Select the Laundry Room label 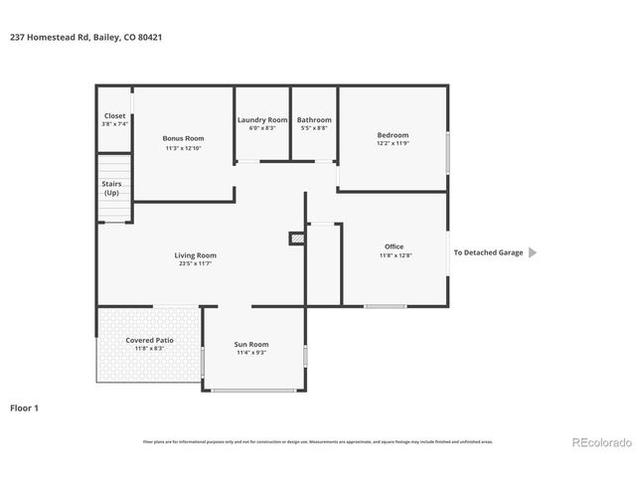point(262,119)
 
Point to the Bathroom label point(313,119)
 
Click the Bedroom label point(392,135)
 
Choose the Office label point(394,246)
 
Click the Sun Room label point(252,344)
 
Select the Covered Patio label point(149,340)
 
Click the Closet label point(114,115)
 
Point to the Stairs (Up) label point(111,188)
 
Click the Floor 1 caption point(24,407)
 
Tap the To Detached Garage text point(488,252)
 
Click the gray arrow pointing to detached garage point(532,252)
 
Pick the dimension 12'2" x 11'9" point(392,144)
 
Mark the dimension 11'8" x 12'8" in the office point(394,255)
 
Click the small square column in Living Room point(295,238)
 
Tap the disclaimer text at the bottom point(317,441)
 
